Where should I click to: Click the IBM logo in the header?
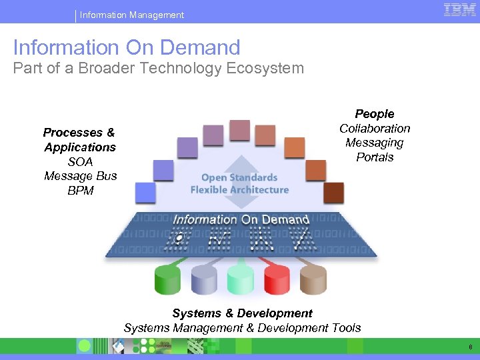click(459, 11)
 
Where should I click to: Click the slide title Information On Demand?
click(127, 47)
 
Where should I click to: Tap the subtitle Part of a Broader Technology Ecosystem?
click(159, 68)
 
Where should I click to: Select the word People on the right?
click(375, 114)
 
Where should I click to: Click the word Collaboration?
click(375, 129)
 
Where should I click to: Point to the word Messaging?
click(375, 143)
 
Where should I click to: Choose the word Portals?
click(375, 157)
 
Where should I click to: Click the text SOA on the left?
click(80, 162)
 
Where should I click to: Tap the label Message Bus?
click(80, 176)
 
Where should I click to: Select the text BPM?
click(80, 191)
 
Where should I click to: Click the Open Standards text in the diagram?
click(239, 177)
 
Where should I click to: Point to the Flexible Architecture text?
click(239, 189)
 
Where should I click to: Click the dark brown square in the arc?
click(333, 193)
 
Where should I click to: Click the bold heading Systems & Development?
click(242, 313)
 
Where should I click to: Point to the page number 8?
click(471, 347)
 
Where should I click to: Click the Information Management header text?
click(132, 15)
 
